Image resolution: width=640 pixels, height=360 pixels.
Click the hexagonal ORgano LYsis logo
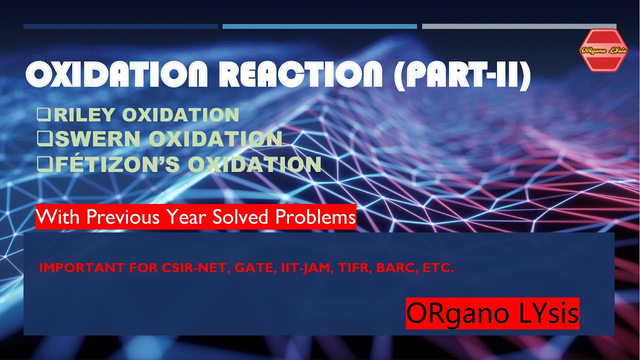(603, 50)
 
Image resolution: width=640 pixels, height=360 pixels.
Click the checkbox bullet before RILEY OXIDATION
(43, 115)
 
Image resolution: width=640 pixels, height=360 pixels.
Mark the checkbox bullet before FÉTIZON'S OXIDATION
(43, 164)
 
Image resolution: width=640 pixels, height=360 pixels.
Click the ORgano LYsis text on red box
(492, 313)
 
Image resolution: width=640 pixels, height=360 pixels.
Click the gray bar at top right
(519, 26)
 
